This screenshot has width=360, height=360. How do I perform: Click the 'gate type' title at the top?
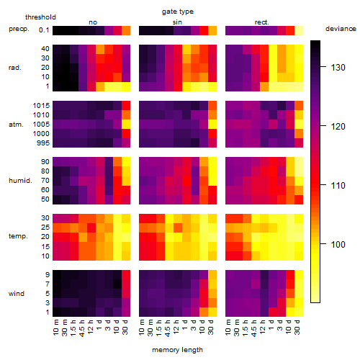178,12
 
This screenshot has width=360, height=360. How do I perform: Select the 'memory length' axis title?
177,350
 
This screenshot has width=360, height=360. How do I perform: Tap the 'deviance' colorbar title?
341,29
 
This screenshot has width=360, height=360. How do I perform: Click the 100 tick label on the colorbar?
338,244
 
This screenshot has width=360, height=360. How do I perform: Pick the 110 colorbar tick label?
338,185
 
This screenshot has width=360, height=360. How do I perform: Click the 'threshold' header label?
40,17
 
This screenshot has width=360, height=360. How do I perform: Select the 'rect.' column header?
261,22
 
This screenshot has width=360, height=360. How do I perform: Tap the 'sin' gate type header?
177,22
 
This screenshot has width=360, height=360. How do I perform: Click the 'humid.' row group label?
20,181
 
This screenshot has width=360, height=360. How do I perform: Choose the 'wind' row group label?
17,294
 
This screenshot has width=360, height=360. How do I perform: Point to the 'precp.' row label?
19,29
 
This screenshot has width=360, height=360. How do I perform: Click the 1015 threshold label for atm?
41,105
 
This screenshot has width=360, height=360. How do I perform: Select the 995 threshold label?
43,143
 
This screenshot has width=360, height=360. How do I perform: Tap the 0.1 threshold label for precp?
44,30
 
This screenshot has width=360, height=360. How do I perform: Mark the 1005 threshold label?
41,125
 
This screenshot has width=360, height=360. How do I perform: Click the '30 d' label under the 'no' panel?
125,327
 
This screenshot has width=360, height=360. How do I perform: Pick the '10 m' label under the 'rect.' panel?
228,327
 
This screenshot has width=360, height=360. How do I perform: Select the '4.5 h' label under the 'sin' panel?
168,328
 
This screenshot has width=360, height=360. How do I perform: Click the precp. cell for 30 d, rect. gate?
299,30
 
